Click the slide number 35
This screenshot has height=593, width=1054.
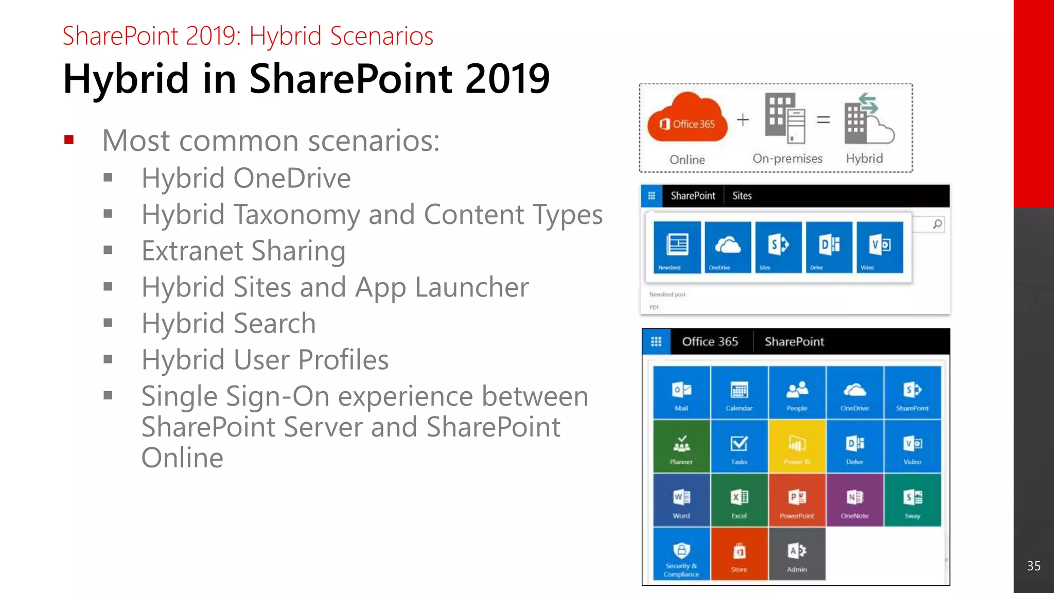[x=1033, y=566]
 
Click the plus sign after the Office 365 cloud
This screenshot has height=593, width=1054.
[x=743, y=120]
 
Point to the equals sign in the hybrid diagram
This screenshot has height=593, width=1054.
[x=823, y=120]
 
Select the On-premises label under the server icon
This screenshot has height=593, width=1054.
[x=787, y=159]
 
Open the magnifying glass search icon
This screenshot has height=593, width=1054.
[x=938, y=224]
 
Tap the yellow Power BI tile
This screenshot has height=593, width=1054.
[x=797, y=446]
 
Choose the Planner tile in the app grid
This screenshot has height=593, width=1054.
[x=681, y=446]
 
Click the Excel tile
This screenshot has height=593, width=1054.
[x=739, y=500]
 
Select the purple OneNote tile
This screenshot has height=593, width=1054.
[x=854, y=500]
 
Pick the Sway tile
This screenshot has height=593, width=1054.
[x=912, y=500]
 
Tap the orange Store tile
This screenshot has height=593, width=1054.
[x=739, y=554]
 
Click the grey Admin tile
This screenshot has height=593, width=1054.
[x=797, y=554]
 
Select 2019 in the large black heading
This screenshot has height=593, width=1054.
[x=507, y=78]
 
